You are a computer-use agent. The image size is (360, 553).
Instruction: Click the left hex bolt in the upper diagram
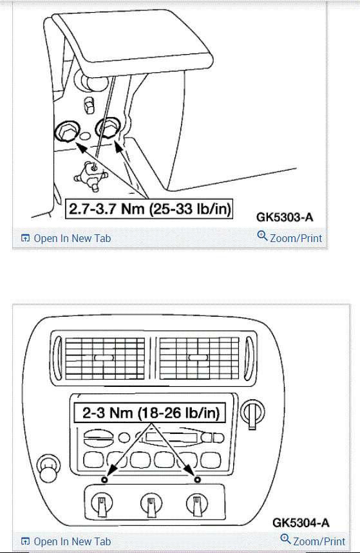pyautogui.click(x=66, y=133)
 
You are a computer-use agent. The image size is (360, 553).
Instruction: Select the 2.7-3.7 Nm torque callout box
pyautogui.click(x=149, y=209)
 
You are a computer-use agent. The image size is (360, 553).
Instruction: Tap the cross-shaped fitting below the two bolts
pyautogui.click(x=91, y=173)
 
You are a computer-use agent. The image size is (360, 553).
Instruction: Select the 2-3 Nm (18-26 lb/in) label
pyautogui.click(x=149, y=413)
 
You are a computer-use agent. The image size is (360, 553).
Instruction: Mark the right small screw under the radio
pyautogui.click(x=198, y=480)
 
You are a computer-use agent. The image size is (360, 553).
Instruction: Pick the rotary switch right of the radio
pyautogui.click(x=252, y=411)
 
